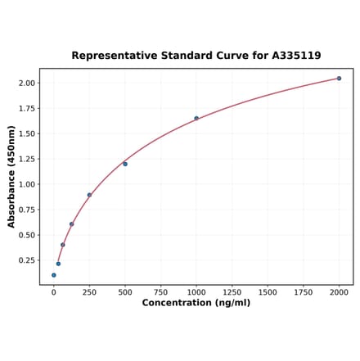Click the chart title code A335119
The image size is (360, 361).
(x=295, y=56)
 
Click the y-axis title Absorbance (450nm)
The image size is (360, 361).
(x=11, y=177)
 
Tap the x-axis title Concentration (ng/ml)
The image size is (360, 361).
(x=196, y=303)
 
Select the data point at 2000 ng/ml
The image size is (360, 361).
(x=339, y=79)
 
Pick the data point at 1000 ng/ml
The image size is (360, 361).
(x=196, y=118)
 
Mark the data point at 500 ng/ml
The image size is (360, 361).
(x=125, y=164)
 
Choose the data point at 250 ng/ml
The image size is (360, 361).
(x=89, y=195)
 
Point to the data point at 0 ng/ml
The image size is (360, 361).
(x=54, y=275)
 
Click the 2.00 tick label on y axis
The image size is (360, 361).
(x=26, y=83)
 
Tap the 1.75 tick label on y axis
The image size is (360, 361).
(x=26, y=108)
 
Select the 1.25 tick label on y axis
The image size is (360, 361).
(x=26, y=159)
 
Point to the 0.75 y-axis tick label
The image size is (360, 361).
(x=26, y=210)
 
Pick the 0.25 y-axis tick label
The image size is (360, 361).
(x=26, y=260)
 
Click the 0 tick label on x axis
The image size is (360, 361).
(x=54, y=291)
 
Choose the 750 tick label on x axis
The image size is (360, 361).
(x=160, y=291)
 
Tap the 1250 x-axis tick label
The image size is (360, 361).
(x=232, y=291)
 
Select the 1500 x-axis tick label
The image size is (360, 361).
(x=268, y=291)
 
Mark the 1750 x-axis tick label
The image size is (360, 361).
(x=304, y=291)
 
